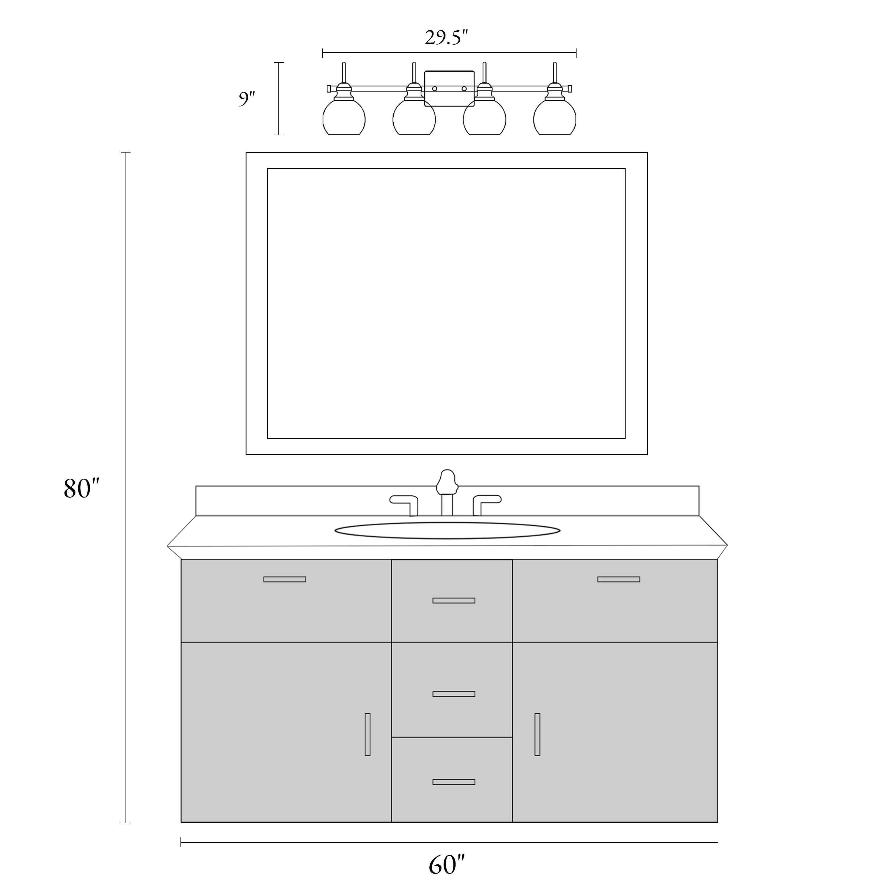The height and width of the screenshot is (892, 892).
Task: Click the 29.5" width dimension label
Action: click(x=447, y=37)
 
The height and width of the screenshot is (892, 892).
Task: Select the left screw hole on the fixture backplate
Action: click(x=434, y=89)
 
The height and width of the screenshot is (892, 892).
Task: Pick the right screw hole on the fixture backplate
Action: click(x=464, y=89)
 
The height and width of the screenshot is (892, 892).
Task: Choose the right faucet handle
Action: click(x=487, y=505)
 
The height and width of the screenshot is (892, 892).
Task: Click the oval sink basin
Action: click(x=447, y=530)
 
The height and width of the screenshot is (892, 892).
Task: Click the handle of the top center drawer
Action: click(x=454, y=601)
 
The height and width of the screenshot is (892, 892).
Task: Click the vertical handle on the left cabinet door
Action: click(x=368, y=734)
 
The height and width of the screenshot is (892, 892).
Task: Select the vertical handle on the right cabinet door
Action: click(x=537, y=734)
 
